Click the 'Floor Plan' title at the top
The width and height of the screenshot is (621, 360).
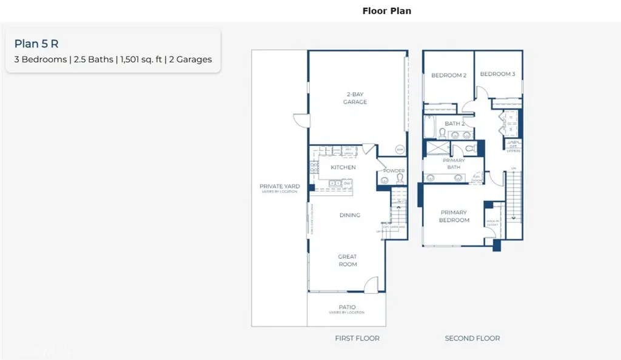(x=386, y=11)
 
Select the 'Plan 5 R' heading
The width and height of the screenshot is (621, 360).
(x=36, y=44)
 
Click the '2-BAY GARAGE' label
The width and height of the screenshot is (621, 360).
(x=355, y=98)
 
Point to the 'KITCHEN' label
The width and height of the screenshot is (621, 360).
(x=343, y=167)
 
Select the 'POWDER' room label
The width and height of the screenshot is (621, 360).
(x=394, y=171)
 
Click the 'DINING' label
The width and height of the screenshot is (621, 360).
(x=349, y=215)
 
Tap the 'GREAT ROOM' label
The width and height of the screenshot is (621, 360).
(x=347, y=261)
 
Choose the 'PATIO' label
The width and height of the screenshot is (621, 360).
(x=347, y=307)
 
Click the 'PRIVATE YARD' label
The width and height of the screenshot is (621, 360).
(x=280, y=187)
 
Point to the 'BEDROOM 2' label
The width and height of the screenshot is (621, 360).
(x=448, y=76)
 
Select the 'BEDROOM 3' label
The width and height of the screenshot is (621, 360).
(x=497, y=75)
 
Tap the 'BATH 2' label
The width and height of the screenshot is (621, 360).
(x=455, y=124)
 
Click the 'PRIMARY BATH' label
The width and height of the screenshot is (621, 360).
(x=454, y=164)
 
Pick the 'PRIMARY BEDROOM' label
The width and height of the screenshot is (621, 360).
(x=454, y=216)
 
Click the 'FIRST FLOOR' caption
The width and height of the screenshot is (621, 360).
(x=357, y=338)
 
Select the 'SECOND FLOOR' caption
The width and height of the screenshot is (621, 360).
(x=472, y=338)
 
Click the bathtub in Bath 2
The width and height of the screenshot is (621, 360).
(x=430, y=129)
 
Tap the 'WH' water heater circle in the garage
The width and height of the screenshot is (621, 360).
(x=399, y=149)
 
